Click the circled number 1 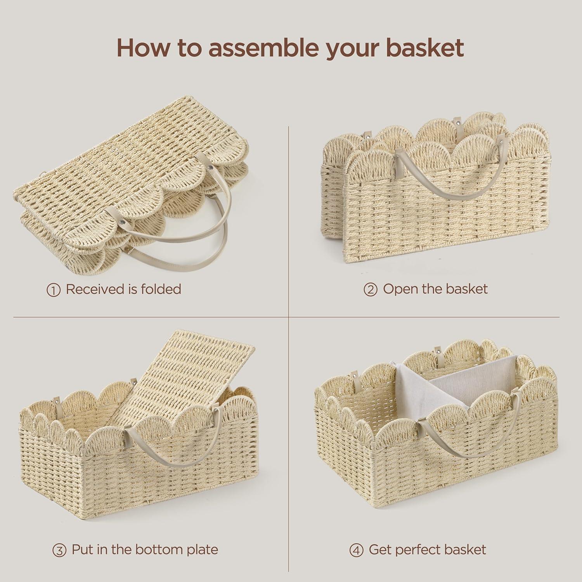(x=54, y=290)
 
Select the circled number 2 (x=371, y=290)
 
